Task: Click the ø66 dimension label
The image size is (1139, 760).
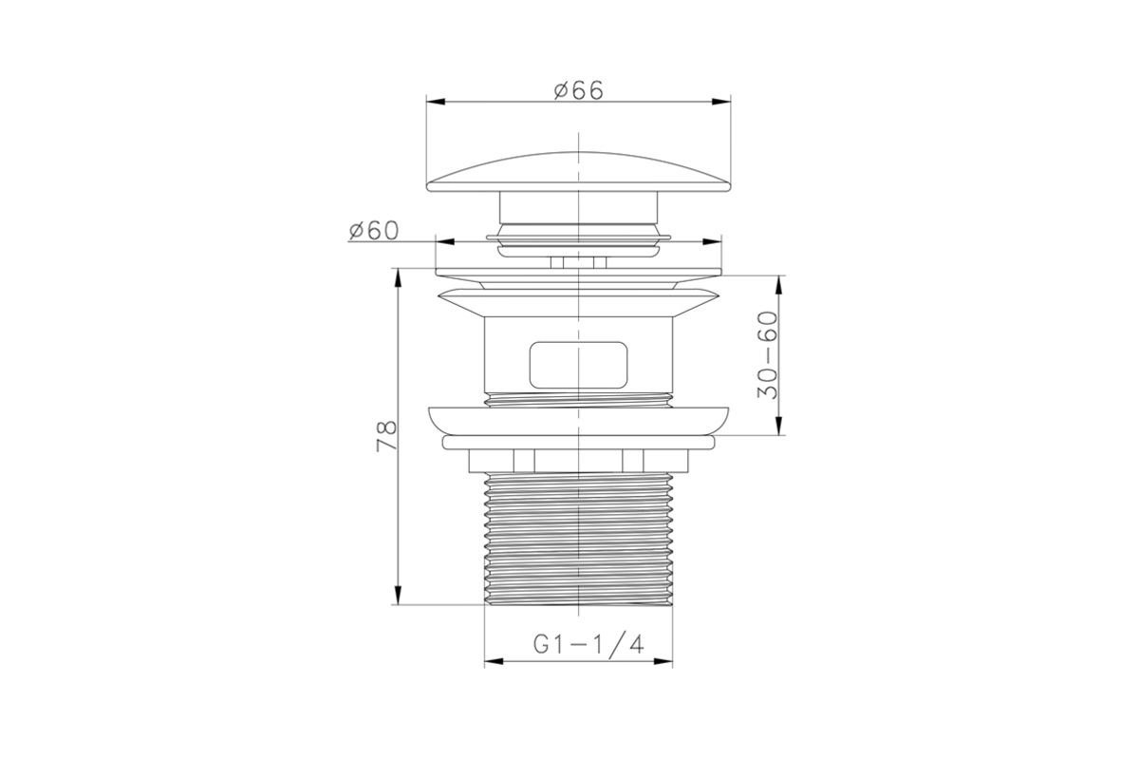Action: tap(579, 90)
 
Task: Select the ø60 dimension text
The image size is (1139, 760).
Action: tap(374, 231)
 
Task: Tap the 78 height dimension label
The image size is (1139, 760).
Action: tap(386, 436)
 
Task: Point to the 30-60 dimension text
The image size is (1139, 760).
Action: tap(767, 354)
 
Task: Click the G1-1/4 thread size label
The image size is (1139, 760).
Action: tap(588, 644)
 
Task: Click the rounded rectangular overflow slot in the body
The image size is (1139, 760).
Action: tap(578, 365)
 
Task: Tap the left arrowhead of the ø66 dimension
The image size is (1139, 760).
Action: tap(436, 102)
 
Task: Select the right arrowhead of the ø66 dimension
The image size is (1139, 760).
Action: tap(721, 102)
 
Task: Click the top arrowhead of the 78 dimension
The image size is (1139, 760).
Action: tap(398, 278)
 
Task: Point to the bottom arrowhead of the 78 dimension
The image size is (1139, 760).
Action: tap(398, 595)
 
